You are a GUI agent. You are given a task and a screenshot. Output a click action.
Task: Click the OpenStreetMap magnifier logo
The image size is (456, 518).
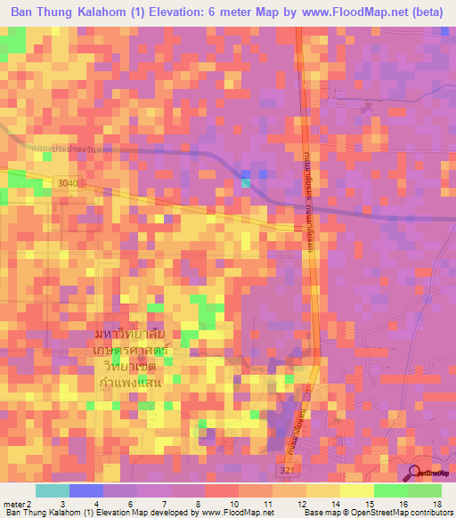(x=416, y=473)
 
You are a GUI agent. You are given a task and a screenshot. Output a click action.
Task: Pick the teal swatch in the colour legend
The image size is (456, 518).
(x=53, y=490)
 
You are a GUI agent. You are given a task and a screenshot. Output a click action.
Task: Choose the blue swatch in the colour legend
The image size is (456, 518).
(x=86, y=490)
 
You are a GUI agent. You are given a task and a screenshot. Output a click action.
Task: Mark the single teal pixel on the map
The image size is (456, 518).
(x=246, y=183)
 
